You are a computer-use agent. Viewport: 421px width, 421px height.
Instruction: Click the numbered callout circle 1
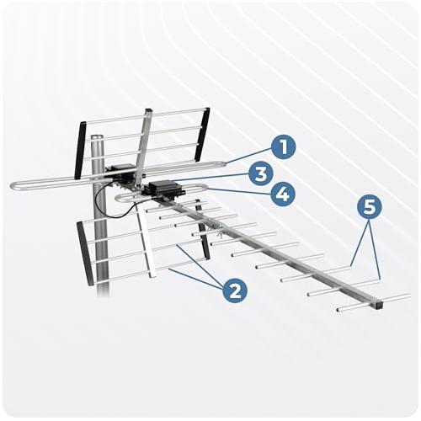[283, 147]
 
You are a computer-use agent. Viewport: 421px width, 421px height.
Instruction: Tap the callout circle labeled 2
[235, 290]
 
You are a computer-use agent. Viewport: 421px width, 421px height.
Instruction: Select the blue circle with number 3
[261, 173]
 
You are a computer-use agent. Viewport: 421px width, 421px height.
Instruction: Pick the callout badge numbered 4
[283, 194]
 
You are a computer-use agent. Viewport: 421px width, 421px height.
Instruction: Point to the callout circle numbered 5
[370, 207]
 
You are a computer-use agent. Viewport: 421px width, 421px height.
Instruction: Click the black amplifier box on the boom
[163, 189]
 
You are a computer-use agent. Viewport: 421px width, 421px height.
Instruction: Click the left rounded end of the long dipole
[13, 186]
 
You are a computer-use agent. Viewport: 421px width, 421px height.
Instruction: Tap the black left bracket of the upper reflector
[80, 150]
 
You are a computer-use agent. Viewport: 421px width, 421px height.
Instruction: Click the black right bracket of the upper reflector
[202, 135]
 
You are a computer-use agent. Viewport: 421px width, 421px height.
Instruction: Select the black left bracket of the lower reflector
[85, 253]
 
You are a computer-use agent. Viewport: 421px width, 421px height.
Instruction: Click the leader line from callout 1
[249, 156]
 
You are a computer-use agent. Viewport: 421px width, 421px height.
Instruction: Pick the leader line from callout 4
[239, 192]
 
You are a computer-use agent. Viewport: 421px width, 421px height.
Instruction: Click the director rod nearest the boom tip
[374, 302]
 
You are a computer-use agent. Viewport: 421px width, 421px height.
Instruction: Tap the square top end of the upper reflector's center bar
[148, 111]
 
